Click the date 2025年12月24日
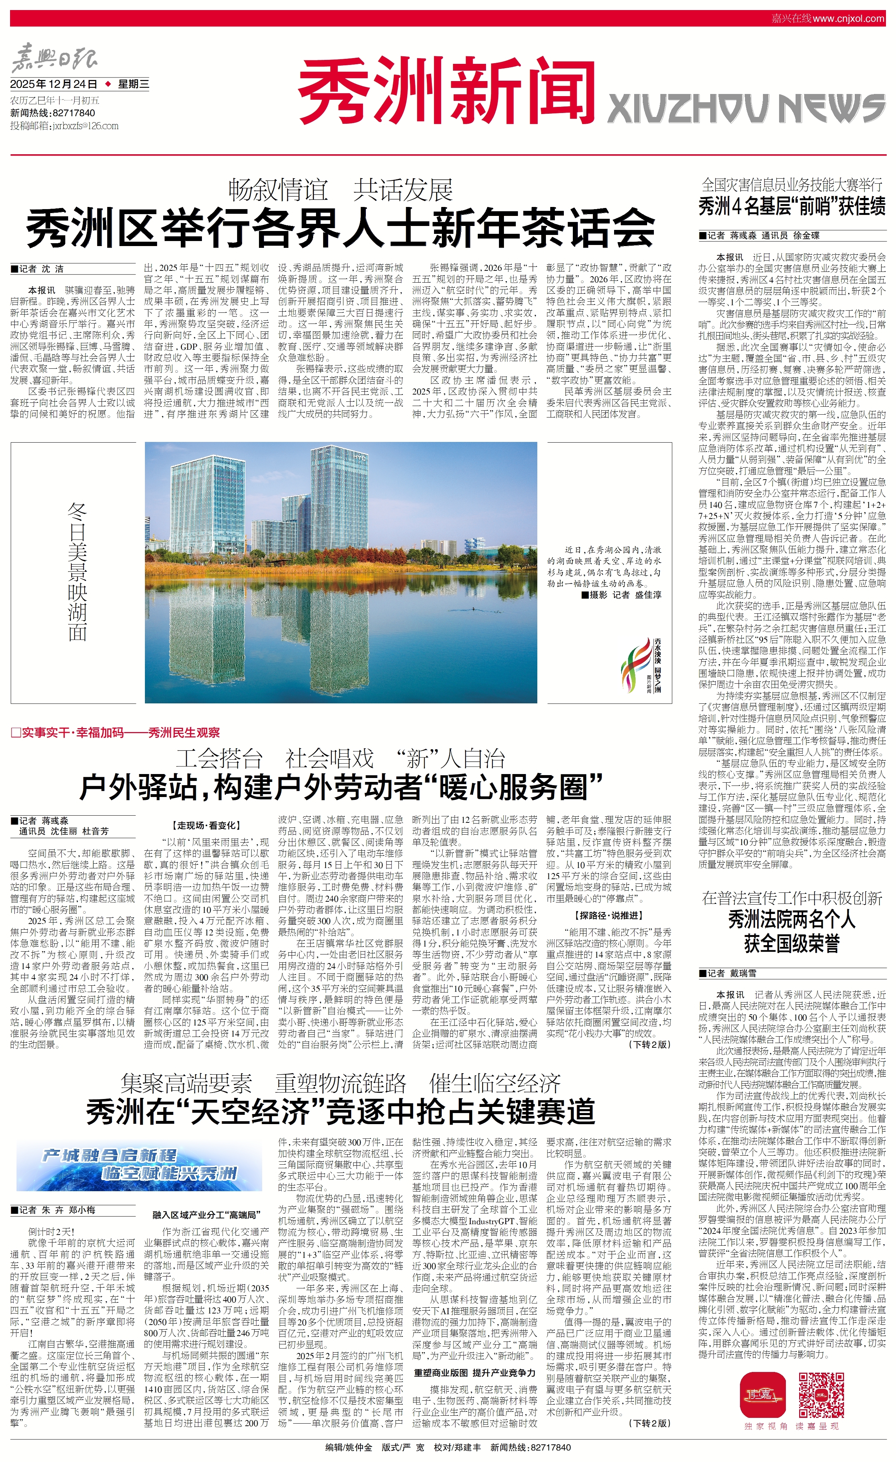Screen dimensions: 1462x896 coord(55,84)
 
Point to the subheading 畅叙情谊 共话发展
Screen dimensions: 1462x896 coord(341,190)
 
